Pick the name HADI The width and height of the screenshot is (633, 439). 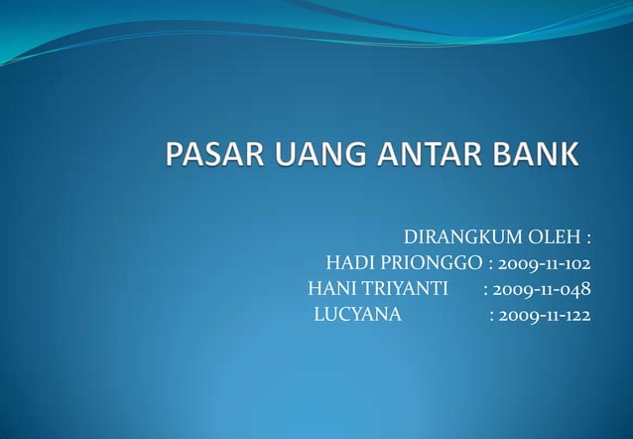pos(347,264)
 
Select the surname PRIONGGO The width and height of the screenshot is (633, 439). pos(428,264)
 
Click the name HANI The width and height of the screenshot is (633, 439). pos(332,290)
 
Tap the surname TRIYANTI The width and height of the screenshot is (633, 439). pos(407,290)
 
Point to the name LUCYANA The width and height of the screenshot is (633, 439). pos(358,316)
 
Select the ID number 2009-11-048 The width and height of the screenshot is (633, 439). pos(545,291)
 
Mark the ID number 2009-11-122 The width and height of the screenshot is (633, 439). pos(545,317)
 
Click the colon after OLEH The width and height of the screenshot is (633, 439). pos(588,240)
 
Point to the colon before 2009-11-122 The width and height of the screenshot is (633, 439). pos(493,318)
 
